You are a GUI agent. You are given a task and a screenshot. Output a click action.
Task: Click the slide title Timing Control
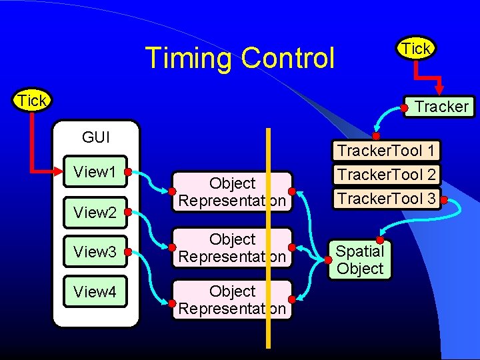click(239, 58)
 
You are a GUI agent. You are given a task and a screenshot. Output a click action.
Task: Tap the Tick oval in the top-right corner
click(416, 48)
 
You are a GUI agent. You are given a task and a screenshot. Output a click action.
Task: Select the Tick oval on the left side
click(32, 101)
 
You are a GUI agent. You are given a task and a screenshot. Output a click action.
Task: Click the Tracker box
click(440, 107)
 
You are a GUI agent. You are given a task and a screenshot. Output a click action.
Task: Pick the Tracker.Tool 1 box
click(387, 151)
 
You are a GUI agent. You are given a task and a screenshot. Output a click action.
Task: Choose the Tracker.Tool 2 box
click(387, 175)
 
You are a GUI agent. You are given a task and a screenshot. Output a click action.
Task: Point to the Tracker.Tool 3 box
click(387, 198)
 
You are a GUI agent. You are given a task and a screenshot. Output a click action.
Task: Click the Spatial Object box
click(360, 260)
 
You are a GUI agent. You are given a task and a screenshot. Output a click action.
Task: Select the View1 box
click(95, 172)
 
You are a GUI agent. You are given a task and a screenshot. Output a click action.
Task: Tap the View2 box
click(95, 213)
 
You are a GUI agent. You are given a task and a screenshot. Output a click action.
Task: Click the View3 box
click(95, 252)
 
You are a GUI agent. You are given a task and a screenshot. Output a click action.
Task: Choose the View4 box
click(95, 291)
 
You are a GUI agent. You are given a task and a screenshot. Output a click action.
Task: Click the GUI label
click(96, 137)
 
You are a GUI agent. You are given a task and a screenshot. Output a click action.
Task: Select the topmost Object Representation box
click(232, 192)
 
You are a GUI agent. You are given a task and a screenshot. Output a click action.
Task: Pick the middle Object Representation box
click(232, 248)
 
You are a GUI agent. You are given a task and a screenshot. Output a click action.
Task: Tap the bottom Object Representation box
click(232, 300)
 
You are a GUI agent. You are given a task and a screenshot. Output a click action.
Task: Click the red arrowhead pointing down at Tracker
click(439, 89)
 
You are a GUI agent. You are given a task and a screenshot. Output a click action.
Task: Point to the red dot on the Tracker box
click(405, 107)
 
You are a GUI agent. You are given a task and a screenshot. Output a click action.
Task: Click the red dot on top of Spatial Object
click(380, 240)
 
